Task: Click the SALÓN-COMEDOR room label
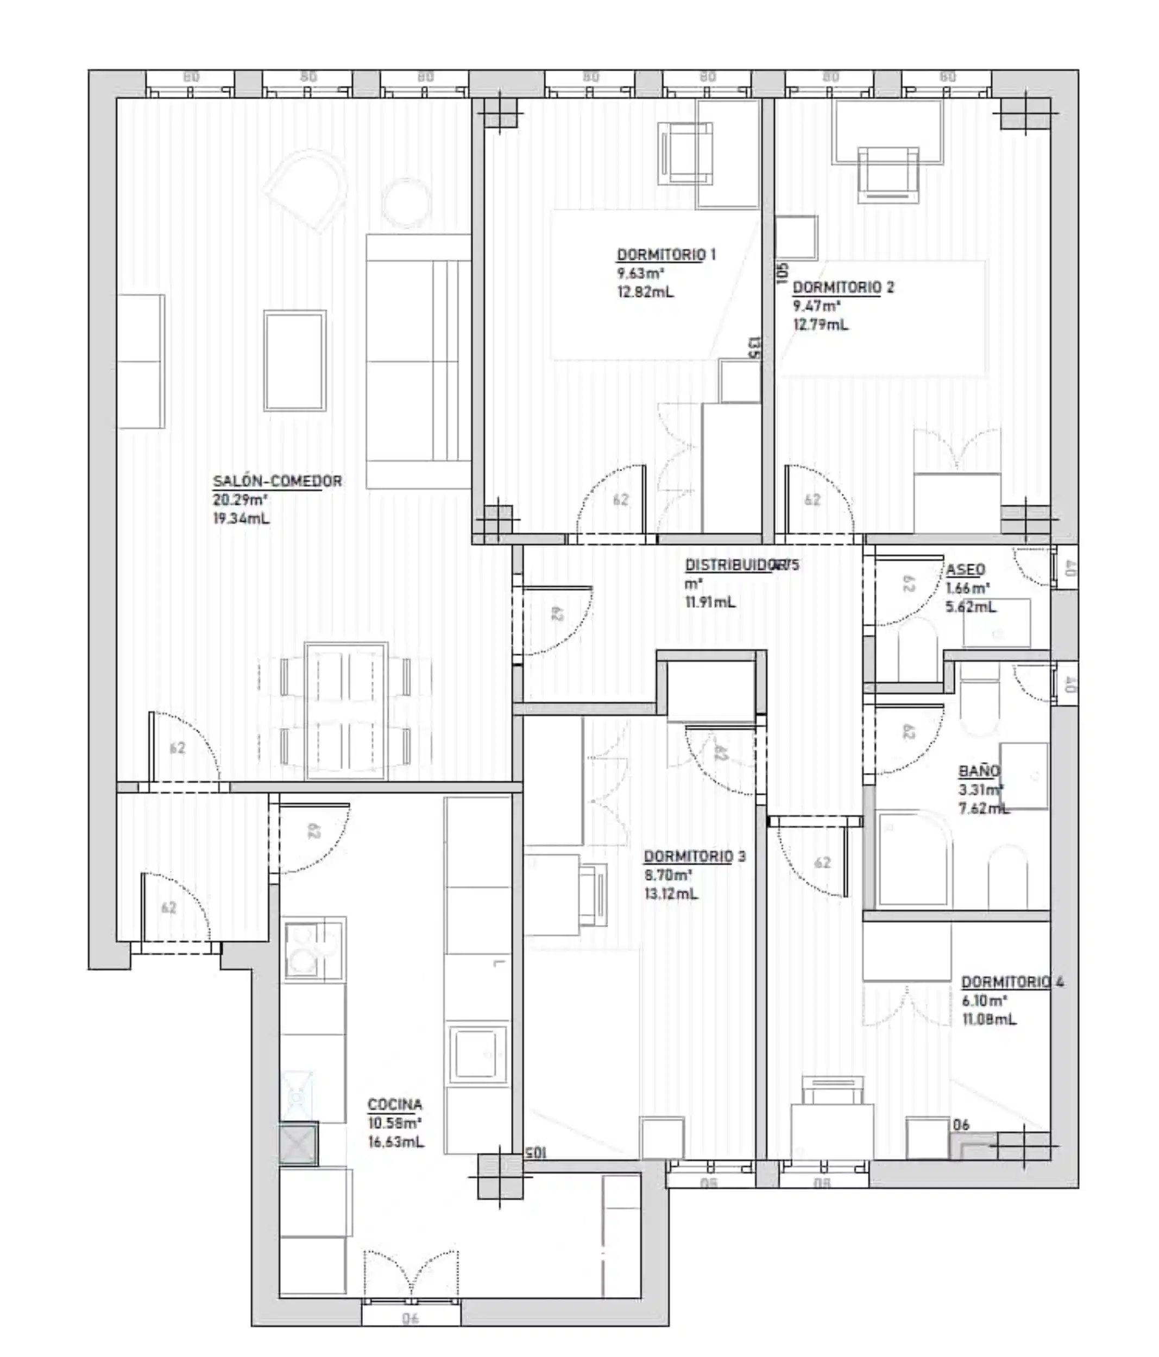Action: click(277, 481)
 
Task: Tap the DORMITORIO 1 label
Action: click(666, 255)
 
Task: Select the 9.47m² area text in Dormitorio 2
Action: click(816, 306)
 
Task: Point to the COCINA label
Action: click(394, 1105)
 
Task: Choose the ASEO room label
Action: click(965, 570)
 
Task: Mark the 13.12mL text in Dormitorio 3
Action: click(671, 894)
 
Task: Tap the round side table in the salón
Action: click(406, 202)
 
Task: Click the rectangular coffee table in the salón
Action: click(295, 361)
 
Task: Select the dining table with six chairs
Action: click(346, 711)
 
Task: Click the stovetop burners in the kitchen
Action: click(313, 950)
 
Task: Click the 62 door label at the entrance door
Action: click(169, 907)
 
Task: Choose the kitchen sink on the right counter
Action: click(477, 1054)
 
